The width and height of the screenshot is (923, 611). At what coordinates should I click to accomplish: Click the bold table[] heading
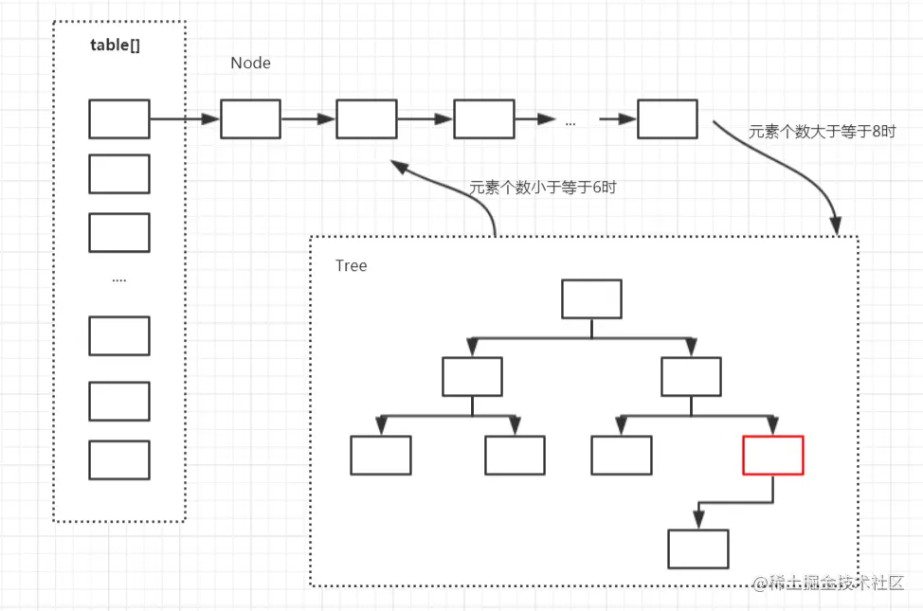(116, 45)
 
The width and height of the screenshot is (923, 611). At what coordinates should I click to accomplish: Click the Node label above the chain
(250, 63)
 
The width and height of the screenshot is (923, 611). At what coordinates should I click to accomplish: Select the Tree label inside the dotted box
(351, 265)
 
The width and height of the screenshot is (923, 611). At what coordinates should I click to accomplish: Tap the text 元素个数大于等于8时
(822, 132)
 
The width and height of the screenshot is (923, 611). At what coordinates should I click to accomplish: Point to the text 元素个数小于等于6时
(542, 188)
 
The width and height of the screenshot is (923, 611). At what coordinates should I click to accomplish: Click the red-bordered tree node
(773, 456)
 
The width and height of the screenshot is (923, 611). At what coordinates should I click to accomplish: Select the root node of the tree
(591, 298)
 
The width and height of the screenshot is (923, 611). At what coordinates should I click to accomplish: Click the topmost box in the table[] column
(119, 119)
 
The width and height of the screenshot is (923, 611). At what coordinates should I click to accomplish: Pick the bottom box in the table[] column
(119, 459)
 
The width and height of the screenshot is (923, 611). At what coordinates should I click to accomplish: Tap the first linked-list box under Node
(250, 119)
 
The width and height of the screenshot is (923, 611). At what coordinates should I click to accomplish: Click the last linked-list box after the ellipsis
(667, 118)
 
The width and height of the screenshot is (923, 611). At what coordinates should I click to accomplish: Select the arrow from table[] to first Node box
(185, 119)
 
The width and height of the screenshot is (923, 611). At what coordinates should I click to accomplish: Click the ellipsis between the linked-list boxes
(570, 122)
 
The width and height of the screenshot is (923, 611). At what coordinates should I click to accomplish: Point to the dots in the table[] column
(119, 280)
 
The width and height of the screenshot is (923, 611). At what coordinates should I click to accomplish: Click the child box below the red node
(698, 548)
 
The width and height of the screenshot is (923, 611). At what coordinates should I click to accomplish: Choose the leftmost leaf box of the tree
(381, 456)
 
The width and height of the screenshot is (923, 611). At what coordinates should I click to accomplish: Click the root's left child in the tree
(472, 377)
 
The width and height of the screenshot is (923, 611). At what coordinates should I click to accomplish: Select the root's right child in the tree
(692, 377)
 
